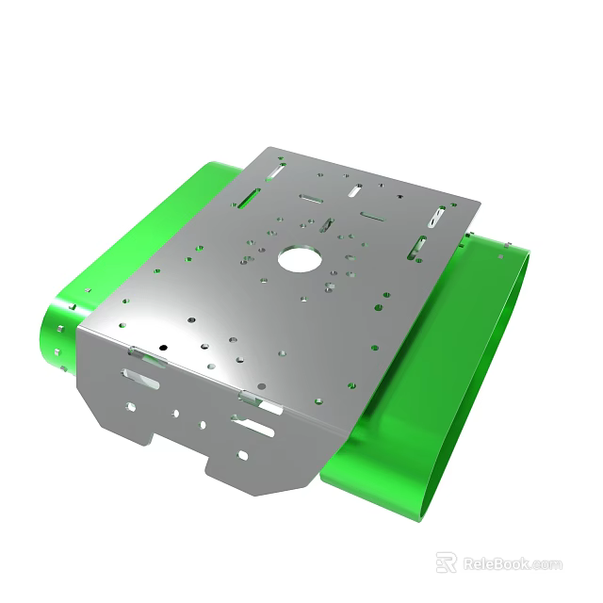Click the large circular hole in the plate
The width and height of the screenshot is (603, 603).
(300, 258)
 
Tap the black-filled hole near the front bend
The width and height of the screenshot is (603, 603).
(162, 348)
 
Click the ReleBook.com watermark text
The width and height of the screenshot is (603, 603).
(512, 563)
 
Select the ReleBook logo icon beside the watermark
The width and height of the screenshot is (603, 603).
(447, 562)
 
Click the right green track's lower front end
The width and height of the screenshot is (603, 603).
(377, 486)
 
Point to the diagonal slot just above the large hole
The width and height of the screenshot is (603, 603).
(325, 226)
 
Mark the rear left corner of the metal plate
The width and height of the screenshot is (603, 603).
(270, 148)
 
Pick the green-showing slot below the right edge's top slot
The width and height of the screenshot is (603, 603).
(416, 247)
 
